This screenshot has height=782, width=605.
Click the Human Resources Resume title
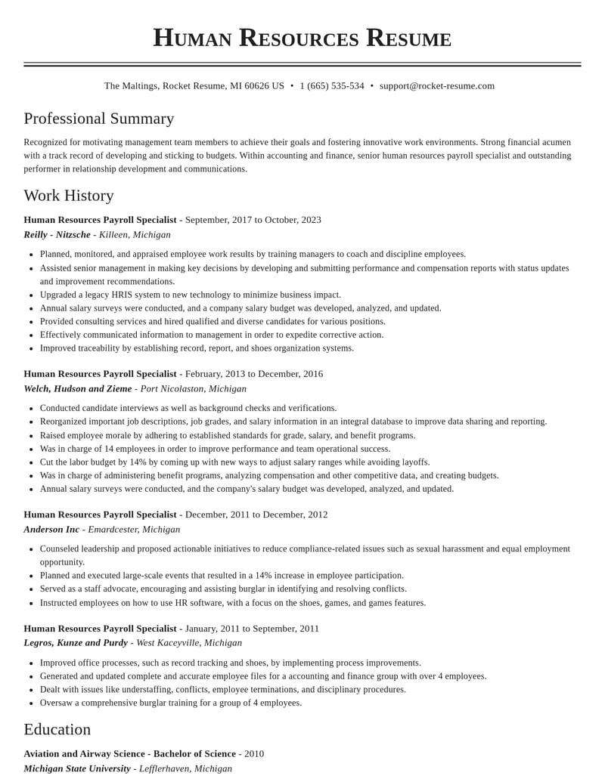(302, 38)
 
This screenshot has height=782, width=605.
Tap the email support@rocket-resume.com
(436, 86)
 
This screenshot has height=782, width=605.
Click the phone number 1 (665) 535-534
(331, 86)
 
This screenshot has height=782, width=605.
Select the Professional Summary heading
(99, 119)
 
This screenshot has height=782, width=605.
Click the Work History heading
(69, 196)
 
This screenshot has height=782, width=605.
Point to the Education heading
(57, 729)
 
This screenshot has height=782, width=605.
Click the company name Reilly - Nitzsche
(57, 235)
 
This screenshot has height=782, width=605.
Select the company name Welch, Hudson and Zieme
(78, 389)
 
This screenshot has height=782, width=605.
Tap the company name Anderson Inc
(51, 530)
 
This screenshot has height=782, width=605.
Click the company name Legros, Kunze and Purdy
(76, 643)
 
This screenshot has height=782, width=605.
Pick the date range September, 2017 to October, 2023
(253, 220)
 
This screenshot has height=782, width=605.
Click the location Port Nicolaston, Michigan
(193, 389)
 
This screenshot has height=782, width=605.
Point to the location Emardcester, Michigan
(134, 530)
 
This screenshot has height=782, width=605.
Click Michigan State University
(77, 768)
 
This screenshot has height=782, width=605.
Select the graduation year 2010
(254, 754)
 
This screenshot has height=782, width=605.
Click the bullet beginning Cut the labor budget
(234, 462)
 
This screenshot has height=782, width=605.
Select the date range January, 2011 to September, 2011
(252, 629)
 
